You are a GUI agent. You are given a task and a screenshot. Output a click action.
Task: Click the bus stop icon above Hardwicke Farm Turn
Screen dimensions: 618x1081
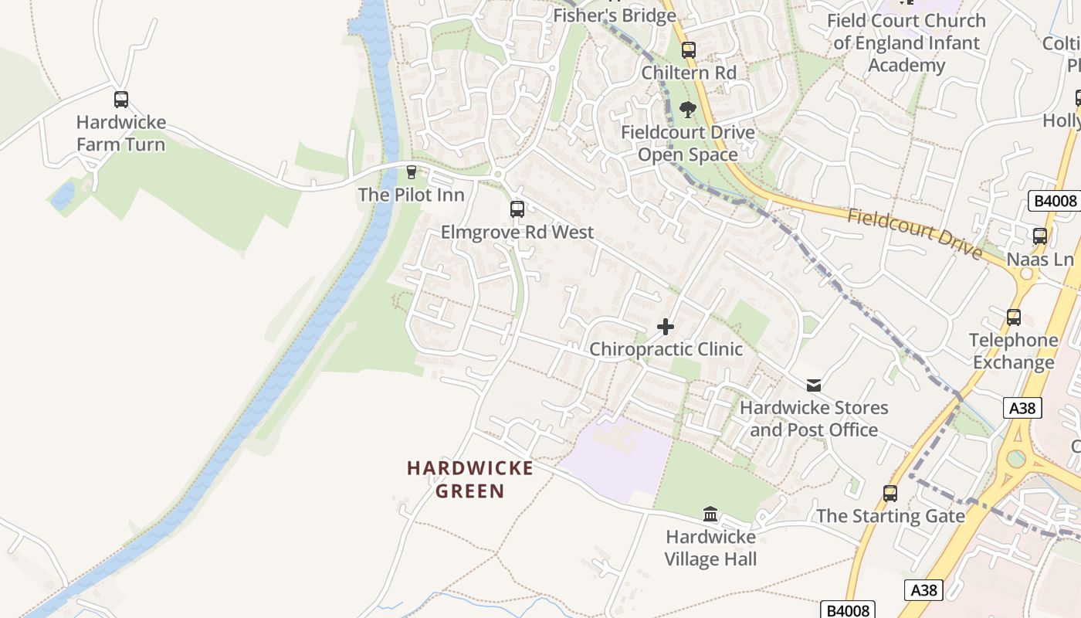pyautogui.click(x=121, y=100)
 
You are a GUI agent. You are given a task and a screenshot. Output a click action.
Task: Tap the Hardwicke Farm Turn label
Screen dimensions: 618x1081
pyautogui.click(x=121, y=134)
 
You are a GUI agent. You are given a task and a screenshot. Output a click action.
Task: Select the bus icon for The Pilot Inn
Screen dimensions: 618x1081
pyautogui.click(x=412, y=171)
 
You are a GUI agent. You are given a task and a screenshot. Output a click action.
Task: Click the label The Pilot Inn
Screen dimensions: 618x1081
pyautogui.click(x=412, y=195)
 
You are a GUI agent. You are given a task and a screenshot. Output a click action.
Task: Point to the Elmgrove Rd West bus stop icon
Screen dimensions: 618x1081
pyautogui.click(x=517, y=209)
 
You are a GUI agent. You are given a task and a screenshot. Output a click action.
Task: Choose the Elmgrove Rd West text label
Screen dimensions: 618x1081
pyautogui.click(x=517, y=233)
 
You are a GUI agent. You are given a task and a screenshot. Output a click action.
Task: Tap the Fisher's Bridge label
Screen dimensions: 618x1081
pyautogui.click(x=615, y=15)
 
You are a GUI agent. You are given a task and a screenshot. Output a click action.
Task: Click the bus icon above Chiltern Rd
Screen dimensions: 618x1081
pyautogui.click(x=689, y=50)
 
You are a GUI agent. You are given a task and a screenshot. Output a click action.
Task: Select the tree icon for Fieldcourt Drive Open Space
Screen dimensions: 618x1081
pyautogui.click(x=688, y=110)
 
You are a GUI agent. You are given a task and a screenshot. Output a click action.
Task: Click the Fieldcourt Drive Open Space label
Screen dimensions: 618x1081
pyautogui.click(x=688, y=144)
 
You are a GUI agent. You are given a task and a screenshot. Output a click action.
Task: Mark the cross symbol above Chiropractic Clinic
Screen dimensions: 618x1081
pyautogui.click(x=666, y=327)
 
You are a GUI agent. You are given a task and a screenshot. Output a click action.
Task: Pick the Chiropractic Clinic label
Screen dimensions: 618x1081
pyautogui.click(x=666, y=349)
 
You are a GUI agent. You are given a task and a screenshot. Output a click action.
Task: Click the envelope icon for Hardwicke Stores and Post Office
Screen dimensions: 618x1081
pyautogui.click(x=814, y=385)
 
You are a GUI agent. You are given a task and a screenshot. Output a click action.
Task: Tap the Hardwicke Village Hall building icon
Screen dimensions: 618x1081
pyautogui.click(x=710, y=514)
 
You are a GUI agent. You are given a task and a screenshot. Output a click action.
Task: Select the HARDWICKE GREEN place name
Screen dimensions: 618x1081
pyautogui.click(x=470, y=480)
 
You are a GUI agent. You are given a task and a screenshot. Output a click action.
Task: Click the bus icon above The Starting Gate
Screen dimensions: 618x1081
pyautogui.click(x=890, y=493)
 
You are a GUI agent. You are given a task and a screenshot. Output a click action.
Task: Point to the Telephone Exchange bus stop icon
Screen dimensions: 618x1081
pyautogui.click(x=1014, y=317)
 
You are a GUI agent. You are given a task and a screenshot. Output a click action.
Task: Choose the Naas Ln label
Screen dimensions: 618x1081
pyautogui.click(x=1040, y=260)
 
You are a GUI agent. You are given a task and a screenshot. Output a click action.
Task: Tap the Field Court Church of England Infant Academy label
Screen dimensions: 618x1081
pyautogui.click(x=906, y=43)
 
